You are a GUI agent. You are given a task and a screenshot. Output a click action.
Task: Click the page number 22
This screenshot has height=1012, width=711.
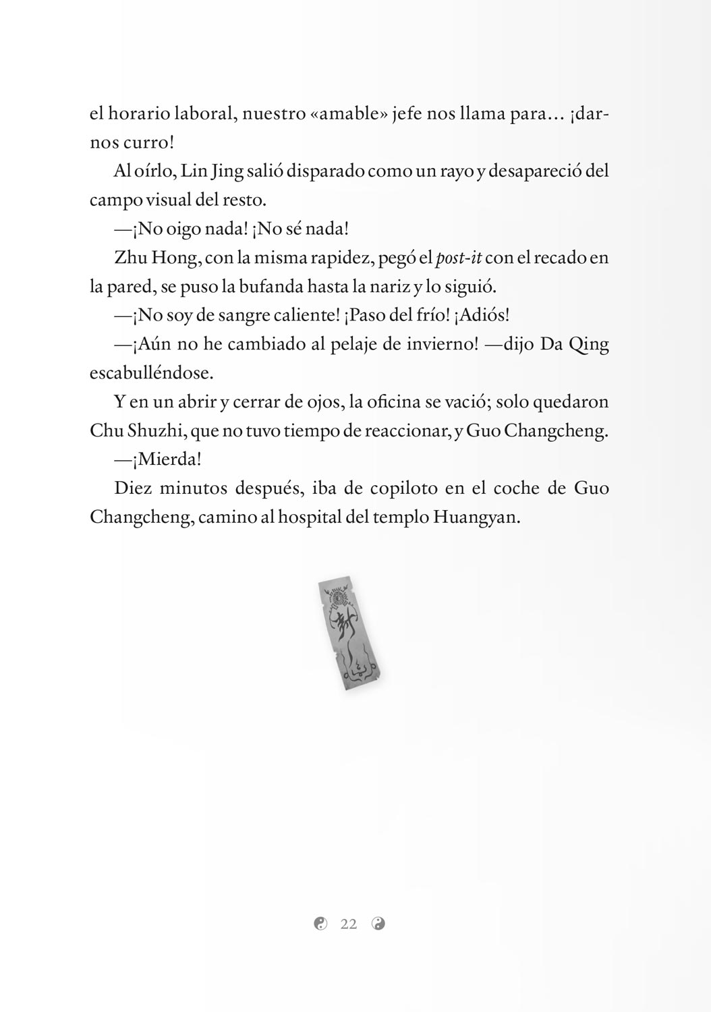click(x=349, y=924)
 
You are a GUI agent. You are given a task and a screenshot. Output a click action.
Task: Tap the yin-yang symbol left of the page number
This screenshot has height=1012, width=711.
click(x=320, y=924)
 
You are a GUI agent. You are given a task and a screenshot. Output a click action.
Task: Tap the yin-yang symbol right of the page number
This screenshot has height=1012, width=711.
click(x=378, y=924)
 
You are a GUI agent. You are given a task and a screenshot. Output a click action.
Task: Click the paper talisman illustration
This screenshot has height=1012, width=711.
click(x=348, y=632)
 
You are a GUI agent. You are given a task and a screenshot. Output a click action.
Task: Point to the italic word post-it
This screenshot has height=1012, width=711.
click(x=459, y=258)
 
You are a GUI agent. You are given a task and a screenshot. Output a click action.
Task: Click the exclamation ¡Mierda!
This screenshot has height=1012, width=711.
click(x=158, y=459)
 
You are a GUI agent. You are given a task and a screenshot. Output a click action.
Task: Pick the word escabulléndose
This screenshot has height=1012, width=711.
click(x=142, y=373)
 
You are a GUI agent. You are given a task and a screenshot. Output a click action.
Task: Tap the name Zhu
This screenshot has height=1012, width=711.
click(x=128, y=258)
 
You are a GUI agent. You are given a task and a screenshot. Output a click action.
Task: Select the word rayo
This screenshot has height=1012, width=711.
click(x=457, y=171)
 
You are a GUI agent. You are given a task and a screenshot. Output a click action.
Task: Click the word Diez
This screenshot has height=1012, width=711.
click(x=132, y=488)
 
